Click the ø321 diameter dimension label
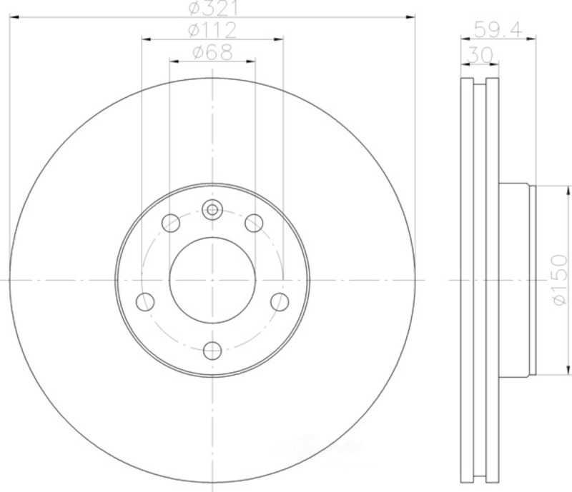pos(213,8)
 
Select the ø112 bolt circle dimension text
pos(212,30)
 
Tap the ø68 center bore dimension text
pos(212,53)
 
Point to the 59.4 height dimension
pos(498,29)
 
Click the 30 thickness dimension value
pos(480,56)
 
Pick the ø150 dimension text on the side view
pos(561,280)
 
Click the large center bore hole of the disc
pos(212,280)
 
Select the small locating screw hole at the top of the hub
pos(212,210)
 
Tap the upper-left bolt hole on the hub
pos(171,223)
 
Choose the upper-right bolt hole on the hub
pos(254,223)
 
